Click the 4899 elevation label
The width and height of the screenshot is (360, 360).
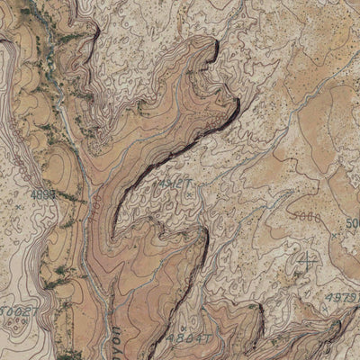pos(43,193)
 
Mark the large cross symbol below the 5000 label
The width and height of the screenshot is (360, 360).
pos(309,263)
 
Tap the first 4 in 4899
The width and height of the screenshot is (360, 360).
pos(32,193)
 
